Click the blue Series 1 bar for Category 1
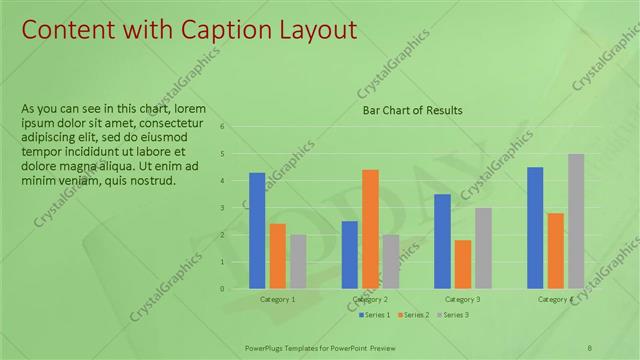(257, 230)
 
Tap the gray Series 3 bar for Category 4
(576, 221)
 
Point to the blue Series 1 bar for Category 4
(535, 227)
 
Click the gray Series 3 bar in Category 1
(298, 261)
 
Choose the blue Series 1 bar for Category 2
(350, 254)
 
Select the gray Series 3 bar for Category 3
(483, 248)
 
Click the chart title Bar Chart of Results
(412, 110)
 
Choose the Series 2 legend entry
(411, 315)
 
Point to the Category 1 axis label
(277, 299)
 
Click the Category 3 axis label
(462, 299)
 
